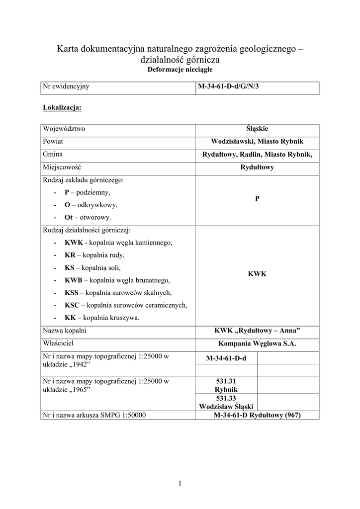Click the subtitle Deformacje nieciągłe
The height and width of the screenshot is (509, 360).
[180, 70]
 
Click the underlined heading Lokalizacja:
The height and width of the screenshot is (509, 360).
[62, 107]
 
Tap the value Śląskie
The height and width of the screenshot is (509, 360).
[257, 128]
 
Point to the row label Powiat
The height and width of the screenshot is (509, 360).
[53, 141]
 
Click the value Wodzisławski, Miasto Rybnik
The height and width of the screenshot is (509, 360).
[257, 141]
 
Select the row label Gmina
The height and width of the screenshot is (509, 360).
[53, 154]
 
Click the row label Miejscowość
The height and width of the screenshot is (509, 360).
[62, 167]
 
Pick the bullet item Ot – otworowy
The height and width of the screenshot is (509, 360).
[88, 217]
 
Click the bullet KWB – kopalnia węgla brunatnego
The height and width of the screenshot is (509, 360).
[117, 280]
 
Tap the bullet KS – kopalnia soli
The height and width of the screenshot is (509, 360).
[92, 267]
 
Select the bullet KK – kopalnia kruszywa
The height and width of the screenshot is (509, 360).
[102, 318]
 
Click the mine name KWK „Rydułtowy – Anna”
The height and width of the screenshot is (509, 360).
[257, 331]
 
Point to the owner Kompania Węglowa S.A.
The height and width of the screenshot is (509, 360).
[257, 343]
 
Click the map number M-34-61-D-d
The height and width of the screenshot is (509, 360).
[226, 358]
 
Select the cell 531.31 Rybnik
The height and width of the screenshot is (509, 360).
[226, 384]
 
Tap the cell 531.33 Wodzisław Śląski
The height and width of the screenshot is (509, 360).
[226, 402]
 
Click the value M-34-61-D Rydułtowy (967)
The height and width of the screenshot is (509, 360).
[257, 415]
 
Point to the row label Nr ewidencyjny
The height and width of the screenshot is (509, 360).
[66, 86]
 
